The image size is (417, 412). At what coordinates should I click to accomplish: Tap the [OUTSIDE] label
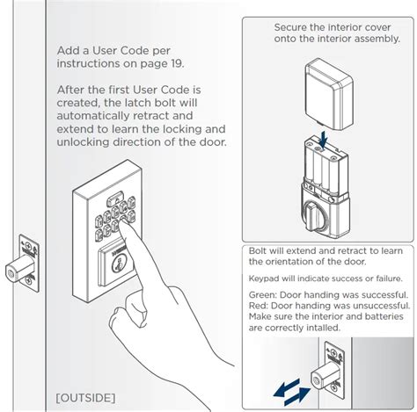84,398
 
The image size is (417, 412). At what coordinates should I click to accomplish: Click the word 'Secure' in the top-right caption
295,28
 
